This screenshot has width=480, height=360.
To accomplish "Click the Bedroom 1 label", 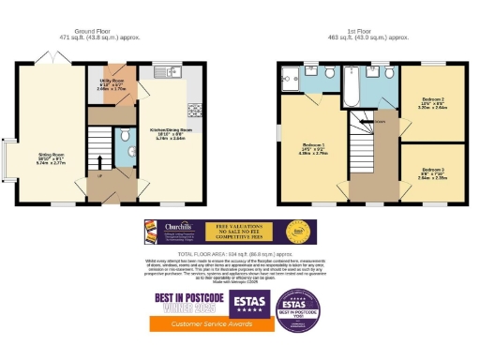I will coord(313,147).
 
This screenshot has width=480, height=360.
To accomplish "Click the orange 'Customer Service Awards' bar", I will coord(209,322).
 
